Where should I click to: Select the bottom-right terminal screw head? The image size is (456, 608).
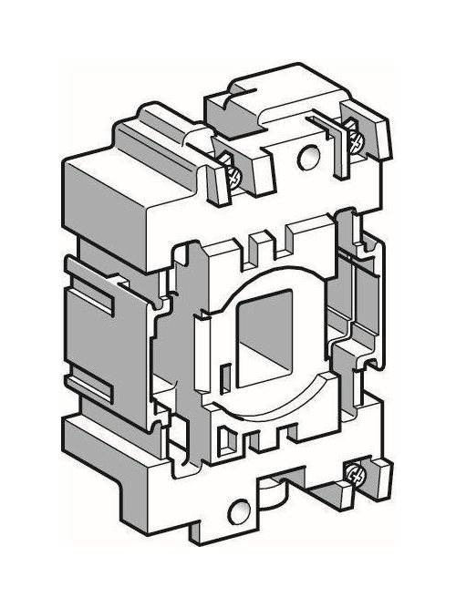358,473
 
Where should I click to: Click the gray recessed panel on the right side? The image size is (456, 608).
365,301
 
